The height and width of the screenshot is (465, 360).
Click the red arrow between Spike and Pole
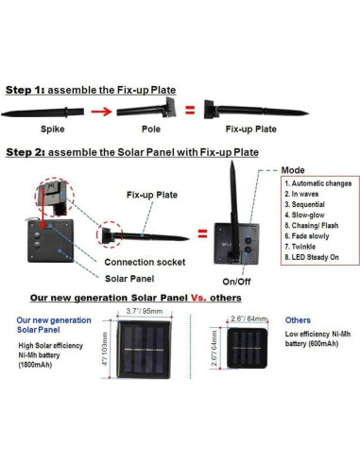click(x=101, y=112)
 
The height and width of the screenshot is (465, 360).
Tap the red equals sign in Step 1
click(x=190, y=110)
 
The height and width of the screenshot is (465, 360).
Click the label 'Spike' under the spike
click(x=53, y=129)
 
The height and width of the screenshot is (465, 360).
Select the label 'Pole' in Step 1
click(x=151, y=129)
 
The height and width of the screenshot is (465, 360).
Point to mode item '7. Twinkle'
click(x=300, y=247)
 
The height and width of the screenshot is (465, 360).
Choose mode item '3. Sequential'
click(x=304, y=204)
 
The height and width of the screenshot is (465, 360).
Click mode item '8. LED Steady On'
click(x=312, y=257)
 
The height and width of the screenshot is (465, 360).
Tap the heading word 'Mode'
click(x=293, y=170)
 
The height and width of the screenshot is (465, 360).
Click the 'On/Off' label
click(x=236, y=282)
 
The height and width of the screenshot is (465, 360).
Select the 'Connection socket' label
click(x=145, y=262)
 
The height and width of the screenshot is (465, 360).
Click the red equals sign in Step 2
click(x=202, y=233)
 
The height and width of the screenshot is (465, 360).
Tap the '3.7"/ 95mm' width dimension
click(x=145, y=311)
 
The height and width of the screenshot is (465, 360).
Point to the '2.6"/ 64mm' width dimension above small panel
click(x=249, y=319)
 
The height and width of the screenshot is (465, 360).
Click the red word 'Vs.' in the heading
click(x=198, y=298)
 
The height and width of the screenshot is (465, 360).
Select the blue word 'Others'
click(x=298, y=320)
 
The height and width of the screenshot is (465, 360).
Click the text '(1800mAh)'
click(x=35, y=365)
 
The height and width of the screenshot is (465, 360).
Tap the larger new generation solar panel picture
click(x=145, y=350)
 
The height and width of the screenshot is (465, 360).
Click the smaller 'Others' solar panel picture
click(x=248, y=348)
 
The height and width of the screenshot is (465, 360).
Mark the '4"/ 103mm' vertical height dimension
click(x=105, y=349)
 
